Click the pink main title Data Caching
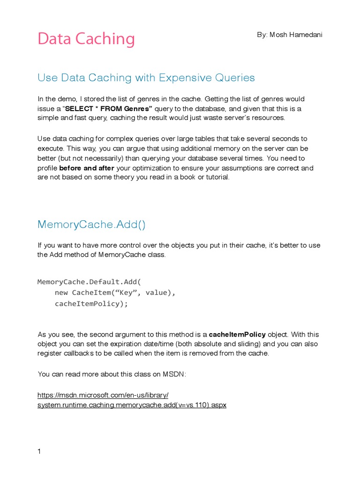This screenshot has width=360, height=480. [86, 39]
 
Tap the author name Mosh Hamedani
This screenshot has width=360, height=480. [289, 35]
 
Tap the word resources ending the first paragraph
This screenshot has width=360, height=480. [267, 118]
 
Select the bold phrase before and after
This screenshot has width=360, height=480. [86, 168]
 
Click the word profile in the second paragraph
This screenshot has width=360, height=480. [47, 168]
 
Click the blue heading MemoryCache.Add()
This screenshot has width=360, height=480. [91, 225]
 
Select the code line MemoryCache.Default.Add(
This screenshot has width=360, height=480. [89, 282]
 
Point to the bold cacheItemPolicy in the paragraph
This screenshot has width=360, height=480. [237, 335]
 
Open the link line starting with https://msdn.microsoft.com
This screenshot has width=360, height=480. [103, 395]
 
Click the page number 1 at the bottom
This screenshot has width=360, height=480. [39, 452]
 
